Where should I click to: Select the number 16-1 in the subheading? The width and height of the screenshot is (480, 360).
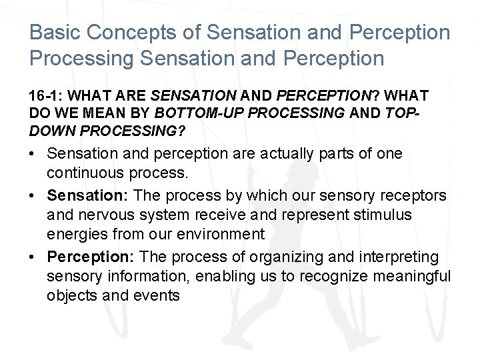pos(45,97)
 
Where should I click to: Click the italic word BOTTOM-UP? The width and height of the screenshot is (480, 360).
pos(203,113)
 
